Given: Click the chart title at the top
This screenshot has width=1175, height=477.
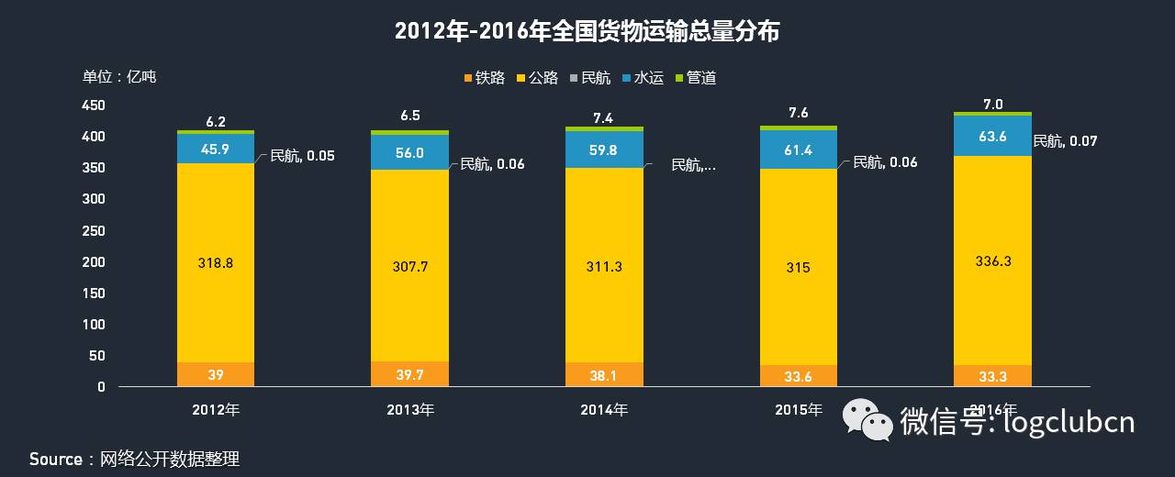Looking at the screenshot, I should coord(587,32).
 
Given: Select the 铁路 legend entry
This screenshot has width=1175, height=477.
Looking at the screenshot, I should coord(484,78).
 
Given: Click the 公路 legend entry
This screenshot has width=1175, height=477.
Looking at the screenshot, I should coord(537,78).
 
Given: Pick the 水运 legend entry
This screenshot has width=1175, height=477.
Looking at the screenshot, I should coord(642,78).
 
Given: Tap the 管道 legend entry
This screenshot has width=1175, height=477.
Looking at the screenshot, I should coord(695,78).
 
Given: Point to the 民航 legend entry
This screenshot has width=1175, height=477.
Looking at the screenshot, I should coord(589,78).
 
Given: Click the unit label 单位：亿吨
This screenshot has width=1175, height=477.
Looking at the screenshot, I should coord(119,76).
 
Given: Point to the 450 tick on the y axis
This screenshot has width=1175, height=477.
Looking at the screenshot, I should coord(94,105).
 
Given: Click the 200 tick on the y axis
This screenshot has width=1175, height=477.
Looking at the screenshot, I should coord(94,261).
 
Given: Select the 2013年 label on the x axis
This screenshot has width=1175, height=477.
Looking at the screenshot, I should coord(410,410).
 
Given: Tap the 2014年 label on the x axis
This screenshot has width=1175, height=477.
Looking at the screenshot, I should coord(604,410).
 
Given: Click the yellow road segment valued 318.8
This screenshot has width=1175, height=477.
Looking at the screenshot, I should coord(216,262).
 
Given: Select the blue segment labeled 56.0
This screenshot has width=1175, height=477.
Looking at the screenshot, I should coord(409,153).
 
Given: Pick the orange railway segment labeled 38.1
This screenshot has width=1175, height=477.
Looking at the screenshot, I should coord(604,374).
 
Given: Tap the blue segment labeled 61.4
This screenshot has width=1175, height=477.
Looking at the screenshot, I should coord(798,150).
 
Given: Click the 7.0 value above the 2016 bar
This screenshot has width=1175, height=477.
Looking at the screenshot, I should coord(992,104).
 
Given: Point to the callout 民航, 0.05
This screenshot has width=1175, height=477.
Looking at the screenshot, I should coord(302,156).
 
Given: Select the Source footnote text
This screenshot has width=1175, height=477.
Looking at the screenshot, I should coord(134,459).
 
